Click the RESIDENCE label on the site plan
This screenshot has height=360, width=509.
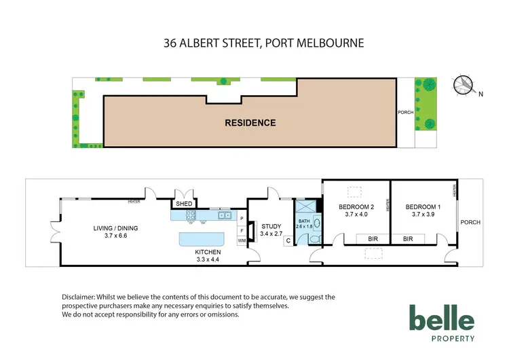pyautogui.click(x=250, y=123)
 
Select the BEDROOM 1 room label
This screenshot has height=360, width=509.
pyautogui.click(x=423, y=207)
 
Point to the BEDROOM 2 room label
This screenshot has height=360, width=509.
pyautogui.click(x=356, y=207)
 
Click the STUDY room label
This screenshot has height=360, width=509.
pyautogui.click(x=271, y=226)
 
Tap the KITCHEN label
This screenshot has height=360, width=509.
pyautogui.click(x=208, y=251)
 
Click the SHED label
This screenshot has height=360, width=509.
pyautogui.click(x=185, y=204)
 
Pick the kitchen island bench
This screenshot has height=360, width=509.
pyautogui.click(x=201, y=239)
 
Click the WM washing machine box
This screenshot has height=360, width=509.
pyautogui.click(x=242, y=240)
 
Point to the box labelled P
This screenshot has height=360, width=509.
pyautogui.click(x=242, y=218)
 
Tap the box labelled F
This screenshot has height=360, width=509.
pyautogui.click(x=242, y=230)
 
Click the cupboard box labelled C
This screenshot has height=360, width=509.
pyautogui.click(x=288, y=240)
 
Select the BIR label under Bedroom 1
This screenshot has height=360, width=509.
pyautogui.click(x=409, y=239)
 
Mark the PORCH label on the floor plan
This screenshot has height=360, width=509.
pyautogui.click(x=470, y=222)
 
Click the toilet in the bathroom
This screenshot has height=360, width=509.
pyautogui.click(x=314, y=239)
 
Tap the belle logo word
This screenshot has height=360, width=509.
pyautogui.click(x=441, y=319)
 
